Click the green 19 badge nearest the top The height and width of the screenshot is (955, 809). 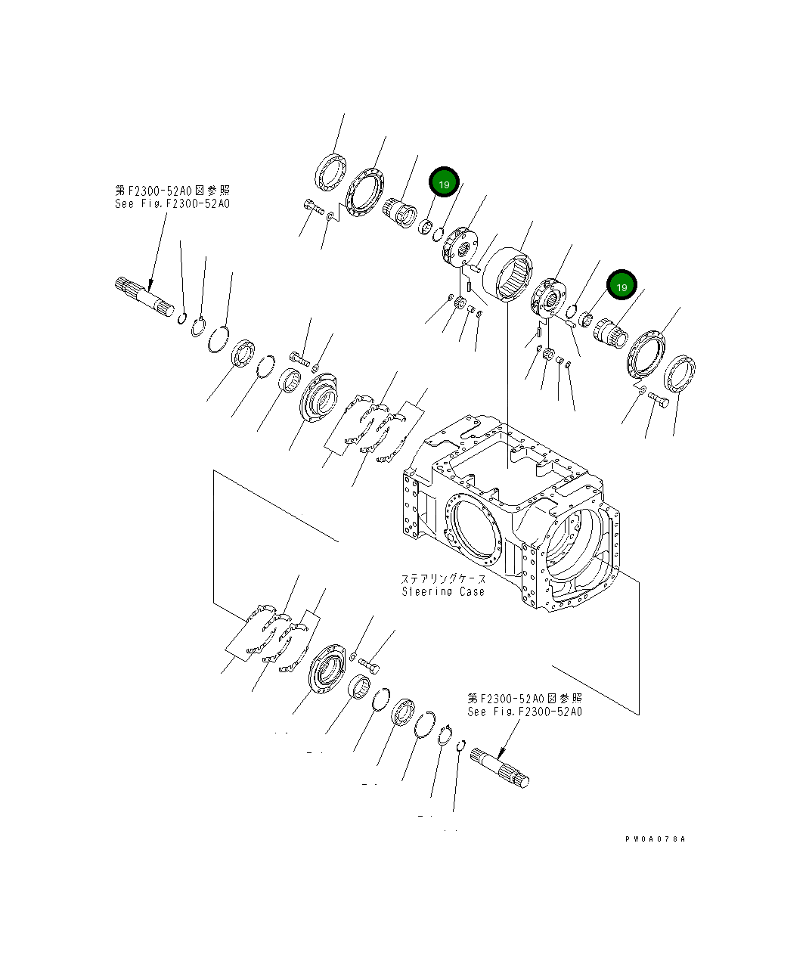click(x=444, y=184)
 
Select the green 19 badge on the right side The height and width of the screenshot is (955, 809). click(x=621, y=287)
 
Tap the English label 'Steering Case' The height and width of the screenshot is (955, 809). click(x=443, y=591)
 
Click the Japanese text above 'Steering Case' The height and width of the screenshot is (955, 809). click(x=444, y=579)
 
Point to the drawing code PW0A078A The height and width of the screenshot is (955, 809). click(x=655, y=839)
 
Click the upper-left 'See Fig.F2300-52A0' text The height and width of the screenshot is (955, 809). click(x=172, y=203)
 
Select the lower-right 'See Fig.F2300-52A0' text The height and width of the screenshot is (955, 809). click(x=525, y=712)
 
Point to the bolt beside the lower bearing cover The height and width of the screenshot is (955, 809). click(x=370, y=665)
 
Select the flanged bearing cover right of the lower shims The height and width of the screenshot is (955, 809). click(x=329, y=665)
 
